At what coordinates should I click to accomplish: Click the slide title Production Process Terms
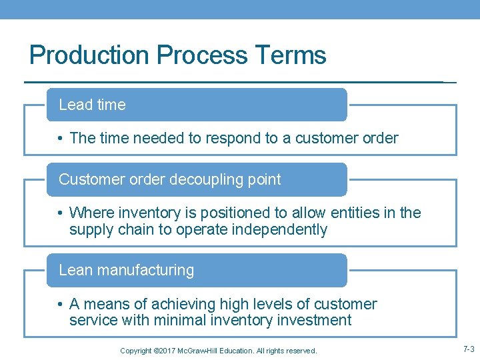[178, 55]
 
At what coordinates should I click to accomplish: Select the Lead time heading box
[197, 105]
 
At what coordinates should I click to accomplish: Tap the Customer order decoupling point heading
[197, 179]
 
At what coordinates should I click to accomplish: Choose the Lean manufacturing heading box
[197, 270]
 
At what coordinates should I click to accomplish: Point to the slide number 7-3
[468, 349]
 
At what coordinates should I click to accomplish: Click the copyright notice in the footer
[218, 351]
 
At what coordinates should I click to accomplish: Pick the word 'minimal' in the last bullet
[181, 321]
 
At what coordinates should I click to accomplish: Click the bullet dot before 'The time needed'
[60, 139]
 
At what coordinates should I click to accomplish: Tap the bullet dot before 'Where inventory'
[60, 213]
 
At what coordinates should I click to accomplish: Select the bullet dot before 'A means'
[60, 305]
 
